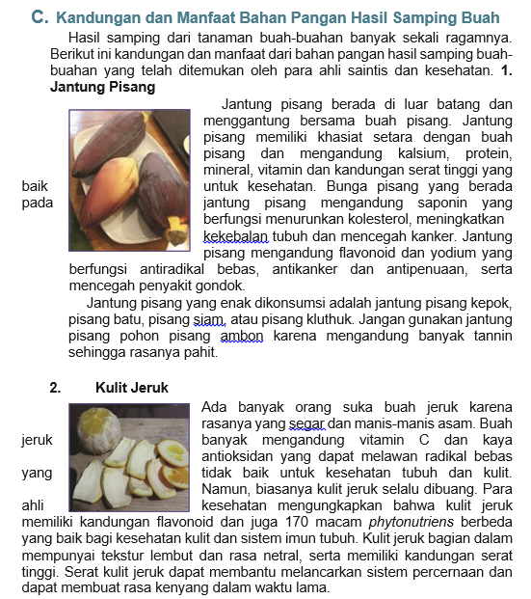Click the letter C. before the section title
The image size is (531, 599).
[39, 17]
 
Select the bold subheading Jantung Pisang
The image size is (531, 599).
[102, 87]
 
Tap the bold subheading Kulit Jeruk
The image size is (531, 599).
[132, 387]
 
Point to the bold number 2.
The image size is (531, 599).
[55, 387]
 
